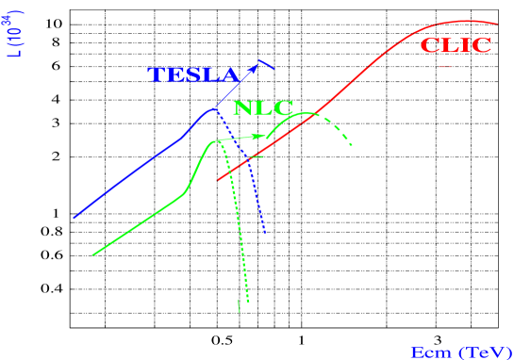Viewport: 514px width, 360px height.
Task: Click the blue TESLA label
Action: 193,76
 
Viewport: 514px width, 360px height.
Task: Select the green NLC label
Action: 263,108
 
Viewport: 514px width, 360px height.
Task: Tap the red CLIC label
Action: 456,45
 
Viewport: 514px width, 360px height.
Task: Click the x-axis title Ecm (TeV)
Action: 460,352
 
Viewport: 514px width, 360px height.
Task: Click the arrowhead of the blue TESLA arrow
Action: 255,66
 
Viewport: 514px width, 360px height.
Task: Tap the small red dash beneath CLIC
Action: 445,67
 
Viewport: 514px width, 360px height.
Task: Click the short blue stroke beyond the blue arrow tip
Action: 267,65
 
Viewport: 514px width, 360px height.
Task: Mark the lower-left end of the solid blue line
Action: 74,218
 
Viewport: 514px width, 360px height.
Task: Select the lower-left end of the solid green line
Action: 92,254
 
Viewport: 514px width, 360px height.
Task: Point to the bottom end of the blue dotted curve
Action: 264,232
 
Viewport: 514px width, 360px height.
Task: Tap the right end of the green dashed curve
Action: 351,146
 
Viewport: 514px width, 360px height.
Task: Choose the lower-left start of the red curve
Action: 218,180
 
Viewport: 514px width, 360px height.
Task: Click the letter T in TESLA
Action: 156,76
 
